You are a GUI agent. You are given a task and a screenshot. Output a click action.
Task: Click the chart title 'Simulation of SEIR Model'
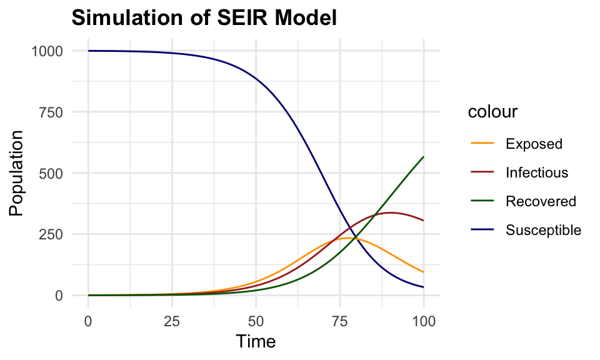click(x=204, y=18)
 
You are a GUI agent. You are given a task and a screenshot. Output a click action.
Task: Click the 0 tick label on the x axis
click(x=88, y=321)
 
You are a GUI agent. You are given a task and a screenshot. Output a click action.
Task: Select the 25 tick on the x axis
click(x=172, y=321)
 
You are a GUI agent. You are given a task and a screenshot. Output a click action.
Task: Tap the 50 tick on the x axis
click(x=256, y=321)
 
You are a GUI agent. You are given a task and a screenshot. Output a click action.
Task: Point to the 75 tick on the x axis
click(x=339, y=321)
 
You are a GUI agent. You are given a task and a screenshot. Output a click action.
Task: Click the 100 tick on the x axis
click(x=423, y=321)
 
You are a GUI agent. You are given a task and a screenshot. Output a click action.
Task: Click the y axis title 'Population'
click(x=17, y=173)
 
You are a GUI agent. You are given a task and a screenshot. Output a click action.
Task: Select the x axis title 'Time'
click(x=256, y=342)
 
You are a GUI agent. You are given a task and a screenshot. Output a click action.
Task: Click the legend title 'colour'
click(x=492, y=112)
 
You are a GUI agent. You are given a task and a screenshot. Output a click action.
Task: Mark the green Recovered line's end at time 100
click(x=423, y=157)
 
